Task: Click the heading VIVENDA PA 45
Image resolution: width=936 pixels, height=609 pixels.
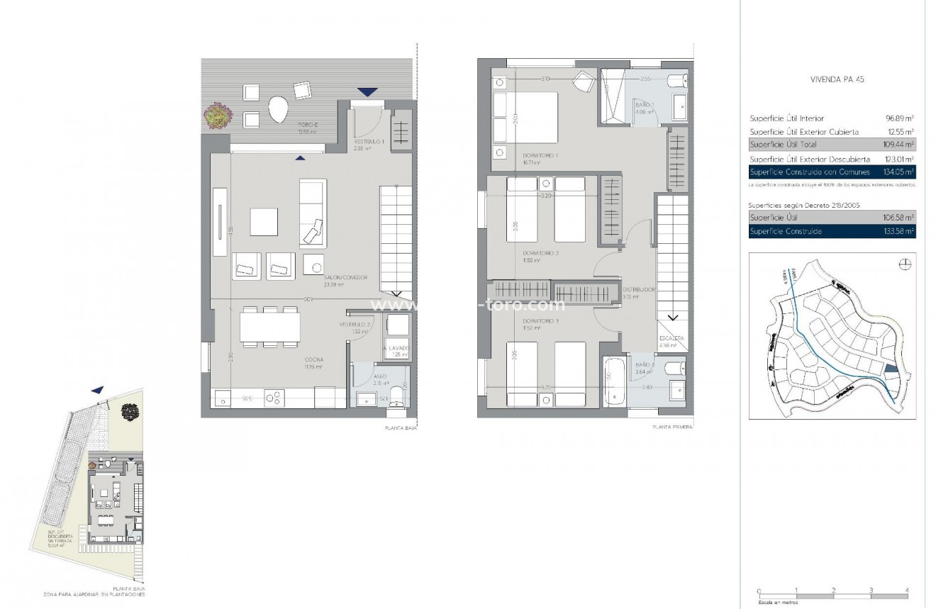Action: pyautogui.click(x=837, y=79)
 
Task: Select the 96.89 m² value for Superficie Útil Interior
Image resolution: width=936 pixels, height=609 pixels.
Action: pyautogui.click(x=899, y=118)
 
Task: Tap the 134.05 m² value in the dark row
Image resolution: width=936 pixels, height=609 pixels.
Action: pyautogui.click(x=898, y=172)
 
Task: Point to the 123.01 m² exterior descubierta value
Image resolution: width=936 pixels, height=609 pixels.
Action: pyautogui.click(x=898, y=160)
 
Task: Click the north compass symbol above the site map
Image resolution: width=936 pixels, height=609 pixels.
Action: pyautogui.click(x=905, y=265)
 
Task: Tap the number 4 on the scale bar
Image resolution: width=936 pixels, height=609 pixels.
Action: pyautogui.click(x=907, y=590)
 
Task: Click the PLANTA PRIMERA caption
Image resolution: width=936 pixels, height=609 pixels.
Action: pyautogui.click(x=672, y=428)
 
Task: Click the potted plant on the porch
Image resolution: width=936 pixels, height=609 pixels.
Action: pyautogui.click(x=218, y=115)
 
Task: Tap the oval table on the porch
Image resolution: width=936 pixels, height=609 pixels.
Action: pyautogui.click(x=278, y=110)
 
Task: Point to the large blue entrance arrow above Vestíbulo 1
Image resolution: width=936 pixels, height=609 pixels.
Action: pyautogui.click(x=367, y=91)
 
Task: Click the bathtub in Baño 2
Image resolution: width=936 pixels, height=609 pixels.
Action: pyautogui.click(x=614, y=381)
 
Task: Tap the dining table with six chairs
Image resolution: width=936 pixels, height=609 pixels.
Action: pyautogui.click(x=269, y=327)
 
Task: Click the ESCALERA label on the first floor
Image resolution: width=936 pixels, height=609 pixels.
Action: pyautogui.click(x=671, y=339)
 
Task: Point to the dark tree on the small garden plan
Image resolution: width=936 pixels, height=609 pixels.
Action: pyautogui.click(x=130, y=411)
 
